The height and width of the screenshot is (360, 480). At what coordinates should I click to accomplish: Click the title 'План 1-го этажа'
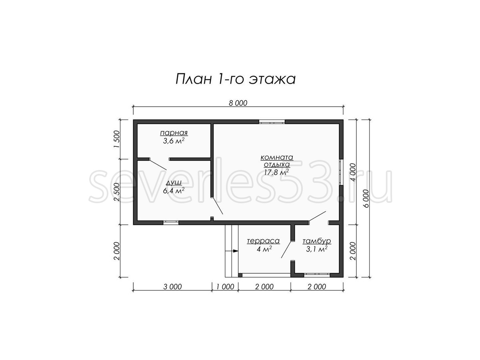236,79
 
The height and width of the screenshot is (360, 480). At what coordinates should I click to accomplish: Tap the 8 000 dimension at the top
238,103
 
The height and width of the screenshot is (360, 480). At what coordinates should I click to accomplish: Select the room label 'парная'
174,133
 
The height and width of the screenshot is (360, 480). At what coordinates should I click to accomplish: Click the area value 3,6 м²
174,141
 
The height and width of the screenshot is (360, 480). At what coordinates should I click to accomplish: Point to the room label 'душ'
174,183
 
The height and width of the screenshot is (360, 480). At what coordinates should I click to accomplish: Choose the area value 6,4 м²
174,191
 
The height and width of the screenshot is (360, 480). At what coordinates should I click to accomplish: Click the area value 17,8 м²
277,172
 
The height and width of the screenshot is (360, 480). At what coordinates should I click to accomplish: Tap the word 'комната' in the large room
277,157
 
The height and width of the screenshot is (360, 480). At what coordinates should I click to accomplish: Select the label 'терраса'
263,241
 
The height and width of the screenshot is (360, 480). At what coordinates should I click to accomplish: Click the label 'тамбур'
317,241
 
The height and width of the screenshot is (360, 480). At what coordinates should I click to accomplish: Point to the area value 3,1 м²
317,249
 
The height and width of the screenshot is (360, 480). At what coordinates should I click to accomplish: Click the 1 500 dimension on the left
117,139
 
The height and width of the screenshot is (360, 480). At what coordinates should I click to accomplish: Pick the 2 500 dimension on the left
117,192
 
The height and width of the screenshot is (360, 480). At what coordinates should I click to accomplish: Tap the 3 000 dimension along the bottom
172,286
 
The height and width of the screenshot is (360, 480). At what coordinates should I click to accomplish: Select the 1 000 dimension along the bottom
225,286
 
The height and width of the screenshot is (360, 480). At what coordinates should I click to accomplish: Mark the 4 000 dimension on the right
353,172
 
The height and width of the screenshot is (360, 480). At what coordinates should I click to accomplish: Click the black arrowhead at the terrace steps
236,251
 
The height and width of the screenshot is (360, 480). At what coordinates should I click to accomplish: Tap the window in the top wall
272,122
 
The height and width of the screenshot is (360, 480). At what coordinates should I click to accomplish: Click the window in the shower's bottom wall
171,223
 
